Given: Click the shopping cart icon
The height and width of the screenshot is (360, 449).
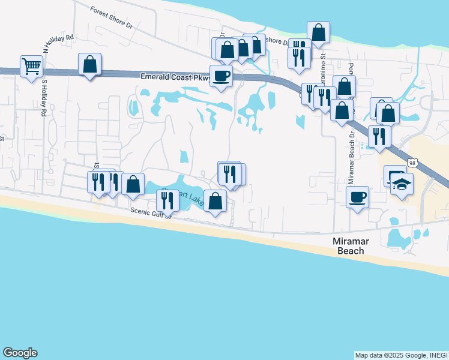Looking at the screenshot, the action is point(31,66).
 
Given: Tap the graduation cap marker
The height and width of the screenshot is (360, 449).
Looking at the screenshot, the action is point(402,185).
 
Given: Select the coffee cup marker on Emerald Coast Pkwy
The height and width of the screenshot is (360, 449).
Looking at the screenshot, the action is point(221,76).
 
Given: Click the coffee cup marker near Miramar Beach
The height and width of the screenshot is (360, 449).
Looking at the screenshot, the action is point(358,197).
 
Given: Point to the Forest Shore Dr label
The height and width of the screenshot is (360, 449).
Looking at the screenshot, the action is point(111,17).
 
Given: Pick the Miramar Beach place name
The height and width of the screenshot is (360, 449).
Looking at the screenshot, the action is point(348,246).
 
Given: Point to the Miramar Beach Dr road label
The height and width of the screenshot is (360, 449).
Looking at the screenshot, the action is point(352,158).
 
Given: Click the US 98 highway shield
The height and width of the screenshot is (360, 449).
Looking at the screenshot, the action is point(412,163).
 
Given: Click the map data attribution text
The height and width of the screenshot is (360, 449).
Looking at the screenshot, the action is point(401,355).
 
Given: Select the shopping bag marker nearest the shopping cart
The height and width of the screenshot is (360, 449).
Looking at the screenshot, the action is point(89,64).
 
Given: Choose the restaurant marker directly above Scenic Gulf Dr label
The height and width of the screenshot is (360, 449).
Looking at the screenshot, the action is point(167,200).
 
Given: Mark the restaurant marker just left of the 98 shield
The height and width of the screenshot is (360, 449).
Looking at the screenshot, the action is point(379,136).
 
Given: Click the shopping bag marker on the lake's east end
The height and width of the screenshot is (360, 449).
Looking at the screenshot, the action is point(215,201).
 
